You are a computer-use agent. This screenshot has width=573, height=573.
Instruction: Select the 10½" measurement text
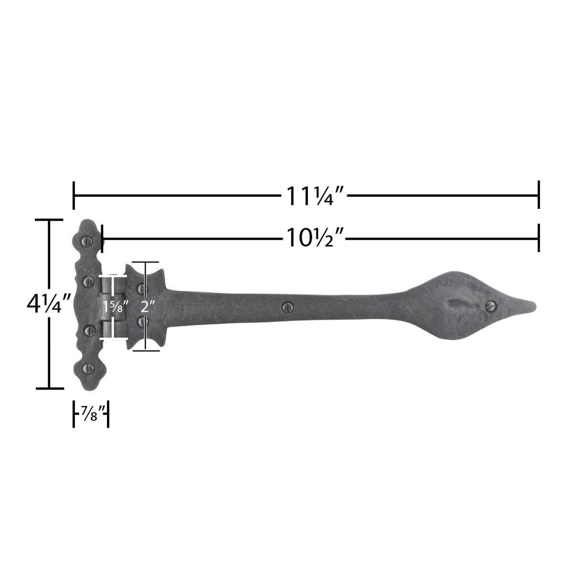(316, 237)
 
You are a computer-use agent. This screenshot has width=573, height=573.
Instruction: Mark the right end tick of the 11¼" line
(539, 195)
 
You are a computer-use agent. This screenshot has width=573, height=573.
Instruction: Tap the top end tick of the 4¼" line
(50, 220)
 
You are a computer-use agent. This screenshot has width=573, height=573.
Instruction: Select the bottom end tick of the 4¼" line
(50, 388)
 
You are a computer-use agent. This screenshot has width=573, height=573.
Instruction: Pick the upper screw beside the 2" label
(141, 288)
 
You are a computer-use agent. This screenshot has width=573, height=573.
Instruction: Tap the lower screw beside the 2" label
(141, 323)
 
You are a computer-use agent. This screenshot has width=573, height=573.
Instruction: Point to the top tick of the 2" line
(145, 262)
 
